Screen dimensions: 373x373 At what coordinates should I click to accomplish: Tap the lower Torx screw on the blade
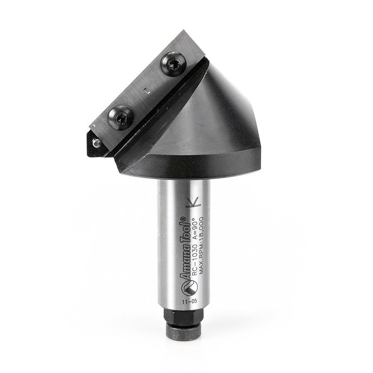(121, 118)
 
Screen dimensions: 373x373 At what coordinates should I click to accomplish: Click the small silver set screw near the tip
(97, 143)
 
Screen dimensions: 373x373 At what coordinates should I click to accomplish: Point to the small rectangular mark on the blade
(145, 90)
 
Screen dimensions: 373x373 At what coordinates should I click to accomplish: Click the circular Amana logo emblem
(189, 287)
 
